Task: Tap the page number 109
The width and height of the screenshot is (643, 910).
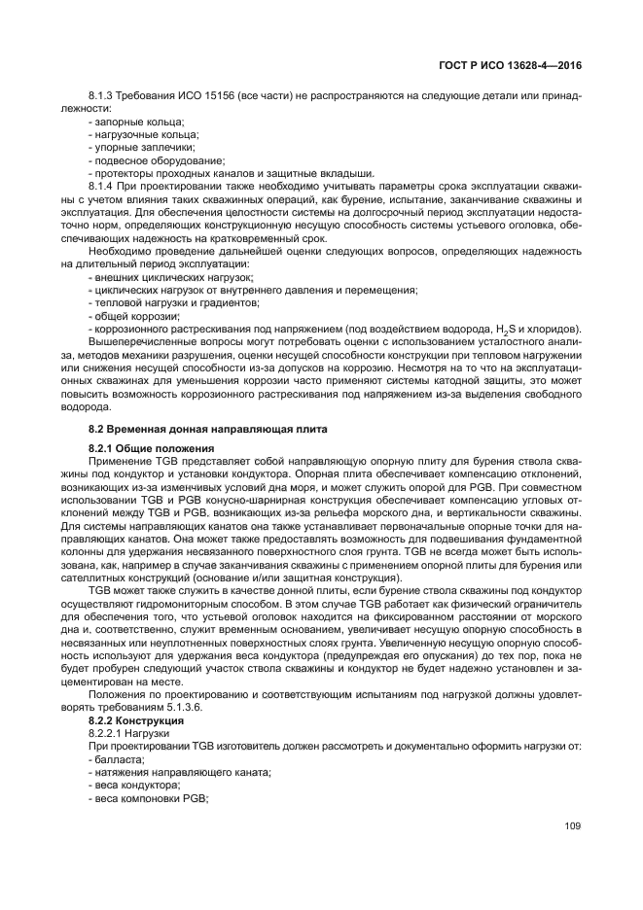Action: tap(572, 826)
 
